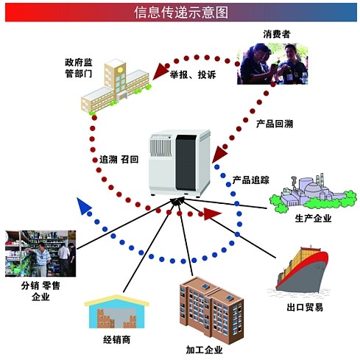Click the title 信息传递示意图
coord(181,13)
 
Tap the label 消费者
coord(277,34)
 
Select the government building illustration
coord(116,86)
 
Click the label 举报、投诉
coord(193,74)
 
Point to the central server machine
coord(180,163)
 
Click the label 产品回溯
coord(275,124)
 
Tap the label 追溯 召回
coord(119,160)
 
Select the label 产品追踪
coord(251,180)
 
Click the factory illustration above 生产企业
coord(313,194)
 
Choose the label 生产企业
coord(313,218)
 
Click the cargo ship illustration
coord(302,270)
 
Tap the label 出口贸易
coord(305,307)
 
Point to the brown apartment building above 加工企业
coord(211,311)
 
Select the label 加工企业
coord(204,350)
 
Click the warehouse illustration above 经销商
coord(117,311)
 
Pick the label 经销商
coord(117,339)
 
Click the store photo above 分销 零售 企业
coord(40,253)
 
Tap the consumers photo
coord(272,64)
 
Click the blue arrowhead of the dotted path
coord(83,205)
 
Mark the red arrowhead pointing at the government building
coord(160,71)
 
